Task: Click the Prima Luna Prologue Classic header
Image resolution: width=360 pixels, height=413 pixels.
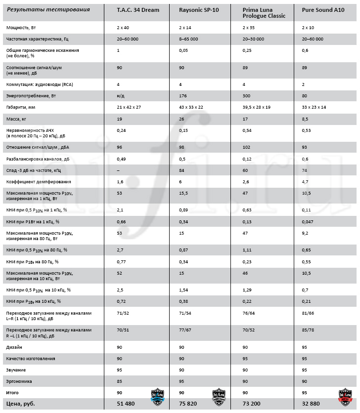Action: [264, 13]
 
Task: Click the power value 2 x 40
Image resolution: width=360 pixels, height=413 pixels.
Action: [123, 28]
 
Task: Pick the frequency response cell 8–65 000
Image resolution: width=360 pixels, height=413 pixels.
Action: [188, 39]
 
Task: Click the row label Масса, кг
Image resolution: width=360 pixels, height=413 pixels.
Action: [16, 119]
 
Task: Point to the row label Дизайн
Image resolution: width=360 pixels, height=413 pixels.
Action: [14, 347]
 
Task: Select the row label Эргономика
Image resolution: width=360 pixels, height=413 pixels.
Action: [18, 381]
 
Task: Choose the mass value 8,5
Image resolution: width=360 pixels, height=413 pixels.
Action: [305, 119]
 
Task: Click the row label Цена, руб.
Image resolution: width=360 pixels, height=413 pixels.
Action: [21, 404]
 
